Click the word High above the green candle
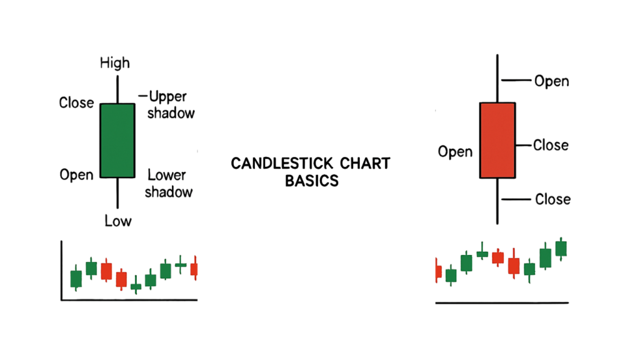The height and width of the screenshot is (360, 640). click(x=115, y=63)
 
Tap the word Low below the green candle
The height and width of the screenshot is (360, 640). click(x=118, y=221)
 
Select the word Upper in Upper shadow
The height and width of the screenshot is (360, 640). click(x=167, y=97)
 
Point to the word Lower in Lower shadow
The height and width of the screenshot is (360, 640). click(x=166, y=175)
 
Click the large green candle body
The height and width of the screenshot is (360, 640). click(x=117, y=141)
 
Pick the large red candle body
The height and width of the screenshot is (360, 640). click(x=497, y=141)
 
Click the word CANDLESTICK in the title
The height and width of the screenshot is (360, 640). click(x=282, y=164)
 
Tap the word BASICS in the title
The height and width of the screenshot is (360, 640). click(x=312, y=181)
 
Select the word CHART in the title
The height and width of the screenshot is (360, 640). click(x=365, y=164)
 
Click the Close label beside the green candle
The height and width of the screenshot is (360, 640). click(x=76, y=102)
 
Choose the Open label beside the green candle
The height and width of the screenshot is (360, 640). click(x=76, y=175)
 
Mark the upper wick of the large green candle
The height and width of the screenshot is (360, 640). click(x=117, y=90)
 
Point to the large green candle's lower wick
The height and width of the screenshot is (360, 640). click(x=117, y=193)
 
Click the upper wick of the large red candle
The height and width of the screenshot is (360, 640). click(x=497, y=78)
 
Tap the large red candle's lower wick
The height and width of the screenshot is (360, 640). click(x=497, y=201)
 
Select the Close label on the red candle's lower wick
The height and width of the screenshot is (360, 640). click(x=552, y=199)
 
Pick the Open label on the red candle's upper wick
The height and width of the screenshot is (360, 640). click(x=552, y=81)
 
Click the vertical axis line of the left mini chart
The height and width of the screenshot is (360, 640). click(x=62, y=270)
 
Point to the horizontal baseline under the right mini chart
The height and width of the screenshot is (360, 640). click(x=502, y=303)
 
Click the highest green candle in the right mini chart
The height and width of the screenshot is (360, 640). click(x=561, y=249)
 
